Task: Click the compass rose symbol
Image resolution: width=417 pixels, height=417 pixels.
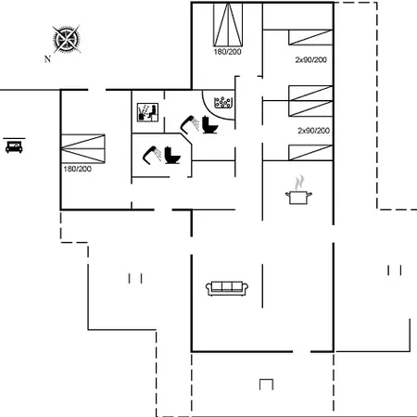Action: tap(66, 39)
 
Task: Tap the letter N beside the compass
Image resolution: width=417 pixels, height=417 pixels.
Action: tap(47, 58)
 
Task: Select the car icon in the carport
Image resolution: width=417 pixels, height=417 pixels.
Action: tap(14, 146)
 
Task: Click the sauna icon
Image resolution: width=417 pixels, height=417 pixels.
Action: tap(147, 112)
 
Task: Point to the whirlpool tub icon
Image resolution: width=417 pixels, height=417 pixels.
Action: tap(223, 103)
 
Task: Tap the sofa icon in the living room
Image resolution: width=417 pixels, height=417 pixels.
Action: tap(227, 288)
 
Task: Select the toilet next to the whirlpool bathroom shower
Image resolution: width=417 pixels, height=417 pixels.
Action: tap(209, 124)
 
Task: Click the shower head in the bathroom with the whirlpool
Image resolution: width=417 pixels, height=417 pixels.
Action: tap(189, 124)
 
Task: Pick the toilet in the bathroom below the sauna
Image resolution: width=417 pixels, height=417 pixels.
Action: tap(172, 155)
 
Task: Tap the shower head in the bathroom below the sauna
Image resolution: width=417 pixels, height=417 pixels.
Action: tap(152, 155)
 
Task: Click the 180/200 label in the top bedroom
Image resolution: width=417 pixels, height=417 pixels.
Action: tap(227, 52)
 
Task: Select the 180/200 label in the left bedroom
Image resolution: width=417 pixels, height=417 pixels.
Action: tap(77, 169)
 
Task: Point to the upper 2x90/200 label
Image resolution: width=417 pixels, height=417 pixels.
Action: tap(311, 59)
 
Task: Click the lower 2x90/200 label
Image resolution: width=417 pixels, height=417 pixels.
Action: tap(313, 131)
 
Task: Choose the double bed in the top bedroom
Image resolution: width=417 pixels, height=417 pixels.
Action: tap(228, 25)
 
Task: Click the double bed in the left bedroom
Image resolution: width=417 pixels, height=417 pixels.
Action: tap(83, 148)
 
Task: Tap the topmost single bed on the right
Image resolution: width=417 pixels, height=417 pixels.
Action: tap(310, 37)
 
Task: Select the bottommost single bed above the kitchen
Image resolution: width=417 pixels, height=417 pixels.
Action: tap(310, 153)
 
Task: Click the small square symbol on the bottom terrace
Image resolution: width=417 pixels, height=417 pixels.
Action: tap(266, 385)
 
